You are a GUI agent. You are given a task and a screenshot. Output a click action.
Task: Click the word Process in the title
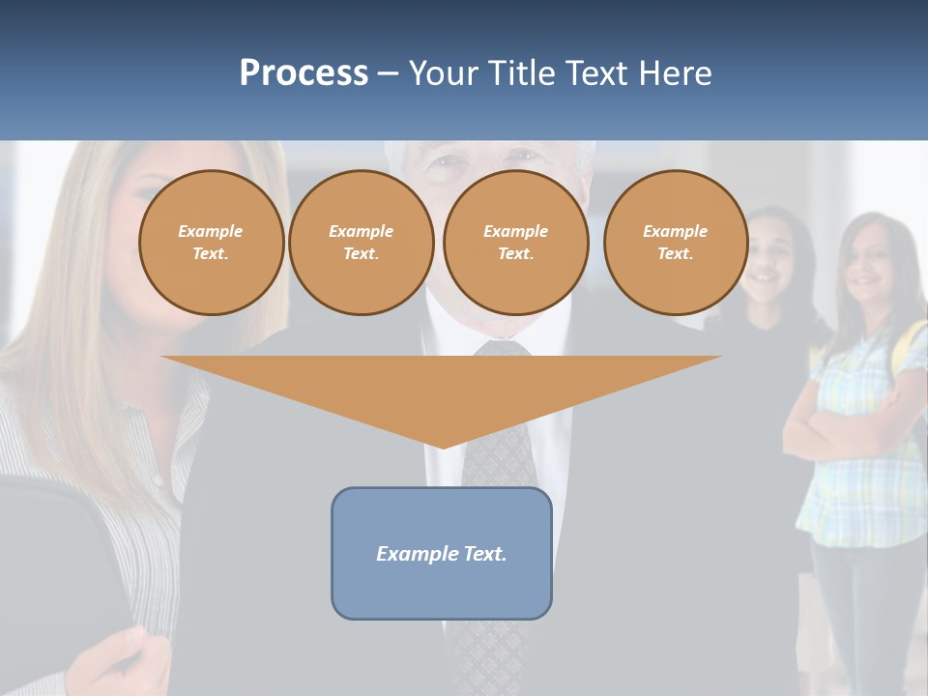pos(304,72)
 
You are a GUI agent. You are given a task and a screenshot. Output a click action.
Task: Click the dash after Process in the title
pos(388,73)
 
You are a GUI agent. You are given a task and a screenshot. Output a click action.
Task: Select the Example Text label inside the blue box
pos(442,554)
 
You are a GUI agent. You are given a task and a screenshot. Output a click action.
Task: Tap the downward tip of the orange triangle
pos(442,445)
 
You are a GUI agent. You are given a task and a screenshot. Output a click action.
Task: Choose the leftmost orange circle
pos(211,243)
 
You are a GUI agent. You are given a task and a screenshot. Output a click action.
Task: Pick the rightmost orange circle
pos(675,243)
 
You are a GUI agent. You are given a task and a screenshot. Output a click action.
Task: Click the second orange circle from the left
pos(361,243)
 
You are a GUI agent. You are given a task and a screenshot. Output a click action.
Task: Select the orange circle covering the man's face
pos(515,243)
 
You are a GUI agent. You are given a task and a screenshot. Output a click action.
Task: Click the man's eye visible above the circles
pos(444,162)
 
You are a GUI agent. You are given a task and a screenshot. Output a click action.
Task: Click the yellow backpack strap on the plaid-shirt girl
pos(913,348)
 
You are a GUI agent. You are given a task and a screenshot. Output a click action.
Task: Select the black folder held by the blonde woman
pos(48,561)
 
